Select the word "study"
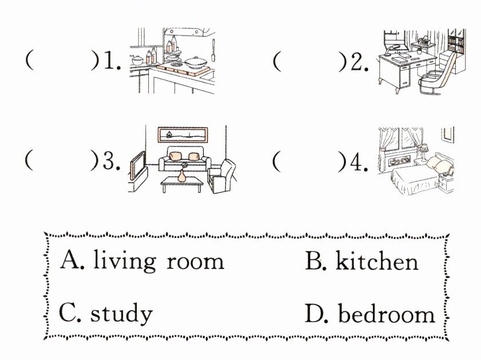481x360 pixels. [x=121, y=313]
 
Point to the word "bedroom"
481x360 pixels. [x=385, y=313]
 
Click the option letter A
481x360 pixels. [x=72, y=261]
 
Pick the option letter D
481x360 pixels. [x=316, y=313]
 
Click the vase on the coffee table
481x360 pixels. [x=182, y=175]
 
